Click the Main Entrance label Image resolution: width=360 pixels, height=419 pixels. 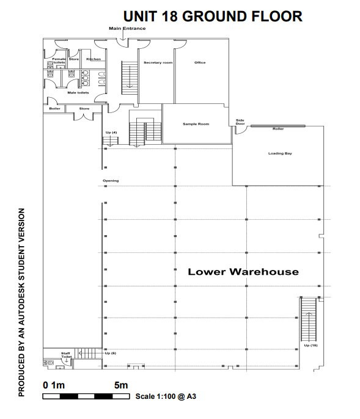click(x=127, y=28)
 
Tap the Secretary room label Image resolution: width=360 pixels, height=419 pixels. click(x=158, y=62)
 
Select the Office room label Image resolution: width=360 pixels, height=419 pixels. click(x=200, y=62)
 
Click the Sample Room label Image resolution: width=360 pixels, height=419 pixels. click(x=196, y=124)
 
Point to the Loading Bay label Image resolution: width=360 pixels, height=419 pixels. click(x=280, y=153)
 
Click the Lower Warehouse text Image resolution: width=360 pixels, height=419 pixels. click(x=243, y=272)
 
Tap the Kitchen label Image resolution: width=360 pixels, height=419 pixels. click(x=94, y=59)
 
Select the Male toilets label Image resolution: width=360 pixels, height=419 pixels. click(x=78, y=93)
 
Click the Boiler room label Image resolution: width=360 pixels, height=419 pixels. click(x=55, y=109)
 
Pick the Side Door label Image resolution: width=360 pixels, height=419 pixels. click(x=240, y=122)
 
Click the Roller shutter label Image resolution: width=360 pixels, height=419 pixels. click(x=278, y=129)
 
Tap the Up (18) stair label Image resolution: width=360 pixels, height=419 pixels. click(x=310, y=345)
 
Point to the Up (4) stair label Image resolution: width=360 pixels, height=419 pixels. click(x=111, y=133)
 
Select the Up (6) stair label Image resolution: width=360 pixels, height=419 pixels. click(x=111, y=353)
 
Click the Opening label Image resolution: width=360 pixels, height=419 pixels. click(x=111, y=181)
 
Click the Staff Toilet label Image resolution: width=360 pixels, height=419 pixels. click(x=66, y=355)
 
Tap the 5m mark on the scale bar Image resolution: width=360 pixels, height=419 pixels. click(x=121, y=385)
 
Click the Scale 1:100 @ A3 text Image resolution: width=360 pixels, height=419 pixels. click(x=166, y=396)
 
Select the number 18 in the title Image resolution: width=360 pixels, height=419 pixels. click(x=169, y=16)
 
